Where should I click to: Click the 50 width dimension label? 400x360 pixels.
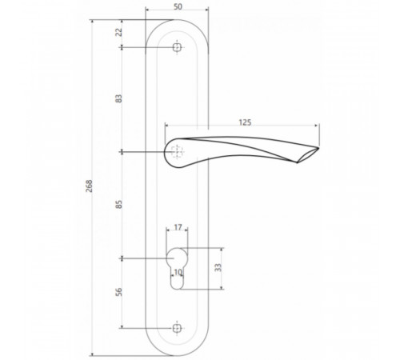click(x=178, y=6)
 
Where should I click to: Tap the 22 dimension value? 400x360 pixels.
click(x=119, y=32)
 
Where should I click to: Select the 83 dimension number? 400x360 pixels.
click(x=119, y=98)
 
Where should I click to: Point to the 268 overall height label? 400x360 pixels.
click(x=89, y=186)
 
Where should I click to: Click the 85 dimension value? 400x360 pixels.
click(x=119, y=204)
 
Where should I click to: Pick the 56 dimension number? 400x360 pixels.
click(x=119, y=292)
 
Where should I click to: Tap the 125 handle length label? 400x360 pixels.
click(x=245, y=122)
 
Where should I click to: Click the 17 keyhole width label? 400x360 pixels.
click(x=178, y=227)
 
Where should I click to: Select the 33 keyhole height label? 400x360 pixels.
click(x=218, y=267)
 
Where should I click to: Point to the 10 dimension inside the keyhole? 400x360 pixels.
click(x=178, y=272)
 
